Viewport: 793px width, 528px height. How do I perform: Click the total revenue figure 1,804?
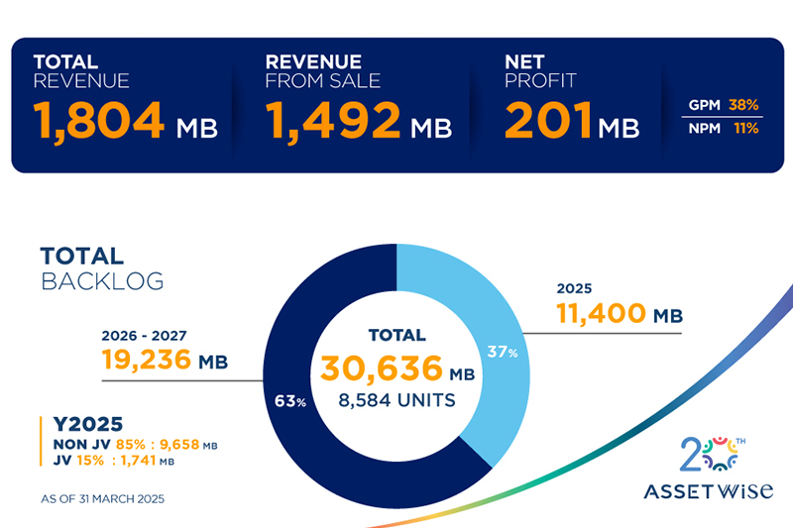tap(99, 121)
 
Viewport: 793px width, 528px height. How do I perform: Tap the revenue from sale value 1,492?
tap(333, 121)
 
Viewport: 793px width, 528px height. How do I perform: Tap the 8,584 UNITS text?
tap(396, 401)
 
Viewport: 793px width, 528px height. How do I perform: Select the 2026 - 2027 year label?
tap(145, 334)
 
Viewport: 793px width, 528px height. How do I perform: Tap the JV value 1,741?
tap(150, 462)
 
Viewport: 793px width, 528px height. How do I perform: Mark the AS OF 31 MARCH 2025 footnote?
tap(101, 497)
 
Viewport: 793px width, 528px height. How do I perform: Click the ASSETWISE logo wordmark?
tap(707, 491)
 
